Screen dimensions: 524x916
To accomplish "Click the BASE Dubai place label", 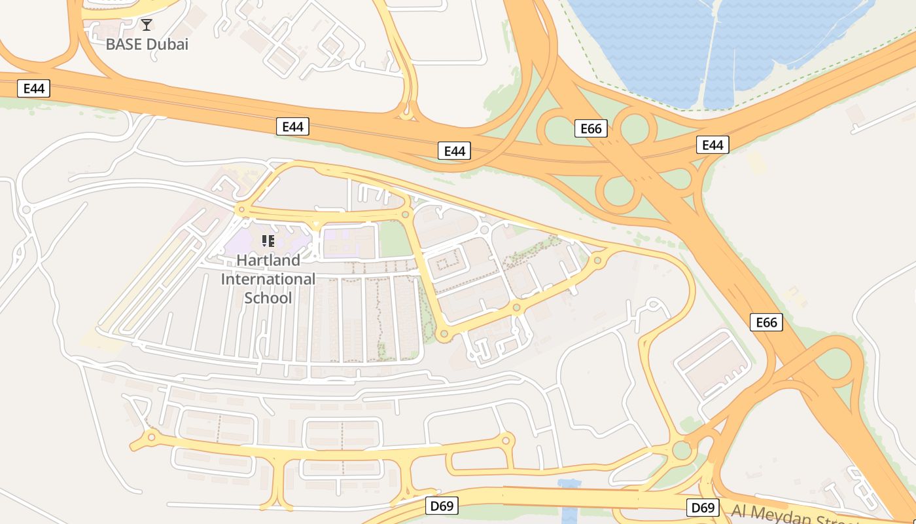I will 147,45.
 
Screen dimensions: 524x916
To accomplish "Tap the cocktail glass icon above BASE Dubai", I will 147,25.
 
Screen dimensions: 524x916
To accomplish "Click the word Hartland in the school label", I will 268,260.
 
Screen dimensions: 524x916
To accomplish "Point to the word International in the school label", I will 268,279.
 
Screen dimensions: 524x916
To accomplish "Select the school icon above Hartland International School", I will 268,241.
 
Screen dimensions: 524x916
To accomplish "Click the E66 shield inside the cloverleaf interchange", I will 591,128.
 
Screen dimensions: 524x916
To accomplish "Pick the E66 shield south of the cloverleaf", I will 766,322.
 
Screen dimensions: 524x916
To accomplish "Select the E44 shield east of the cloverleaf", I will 713,145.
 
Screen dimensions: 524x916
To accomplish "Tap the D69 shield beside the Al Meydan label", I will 703,508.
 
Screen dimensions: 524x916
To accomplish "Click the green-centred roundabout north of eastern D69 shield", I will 682,450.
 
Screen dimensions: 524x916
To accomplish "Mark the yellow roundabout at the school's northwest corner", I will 241,210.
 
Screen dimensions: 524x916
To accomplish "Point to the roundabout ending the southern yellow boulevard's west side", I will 152,437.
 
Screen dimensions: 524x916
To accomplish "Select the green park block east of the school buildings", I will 395,240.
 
